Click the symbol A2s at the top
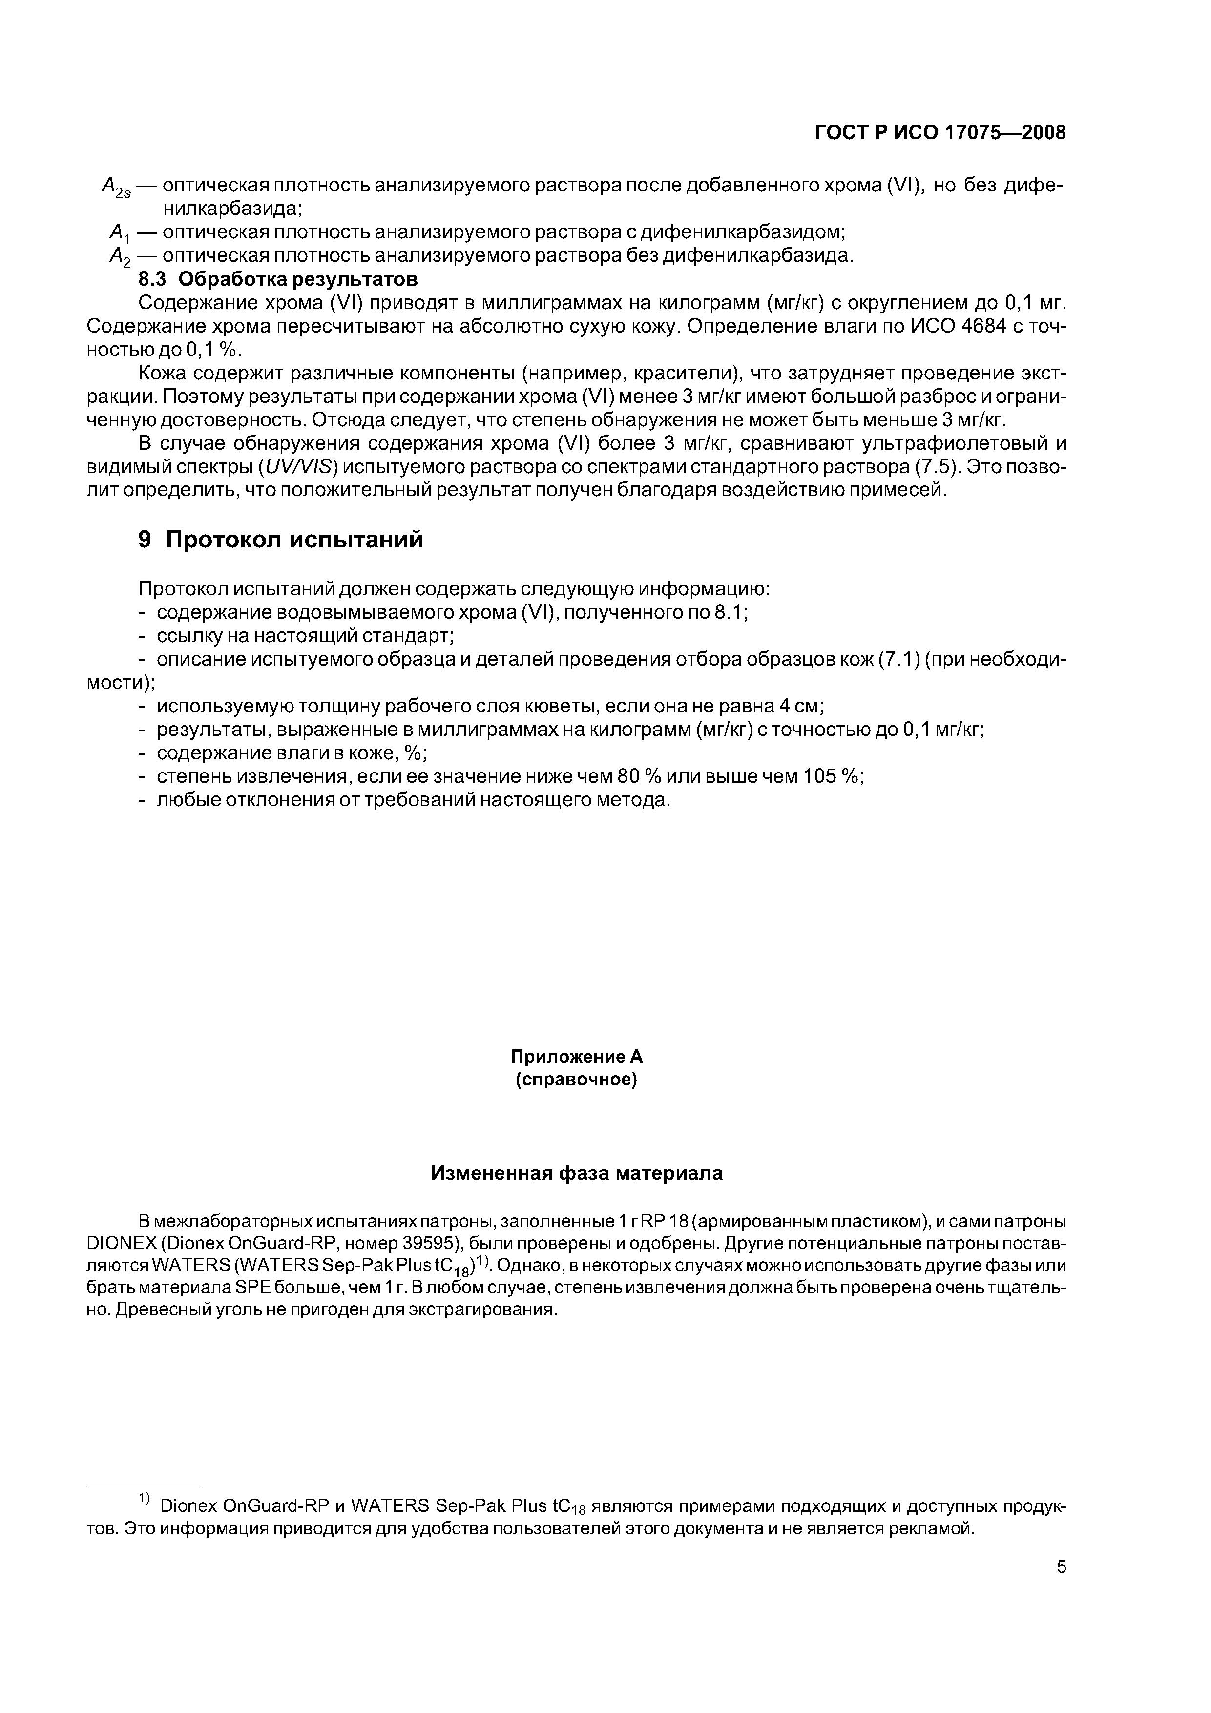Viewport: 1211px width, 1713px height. [116, 187]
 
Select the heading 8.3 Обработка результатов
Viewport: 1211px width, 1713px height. [278, 279]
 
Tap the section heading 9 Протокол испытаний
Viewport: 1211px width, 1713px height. [281, 539]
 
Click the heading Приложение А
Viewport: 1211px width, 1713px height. [576, 1056]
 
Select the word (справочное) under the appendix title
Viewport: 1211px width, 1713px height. [576, 1080]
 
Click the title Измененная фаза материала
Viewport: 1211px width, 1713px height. [577, 1173]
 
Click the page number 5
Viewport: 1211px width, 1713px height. [1061, 1567]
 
